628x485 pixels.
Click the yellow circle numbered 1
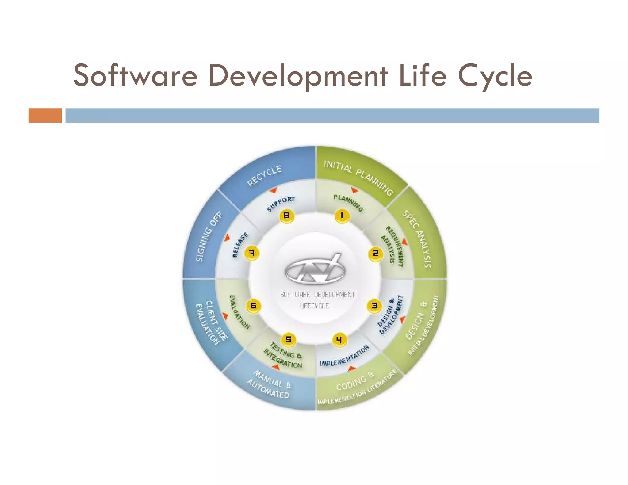pos(342,216)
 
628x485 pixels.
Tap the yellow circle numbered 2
pos(375,254)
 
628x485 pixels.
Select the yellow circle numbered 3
pos(374,306)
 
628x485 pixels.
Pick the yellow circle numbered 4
pos(339,340)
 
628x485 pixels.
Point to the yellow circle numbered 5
pos(288,339)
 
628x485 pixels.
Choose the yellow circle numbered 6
pos(253,306)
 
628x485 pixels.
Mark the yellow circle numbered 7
pos(252,253)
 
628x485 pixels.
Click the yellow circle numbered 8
pos(287,216)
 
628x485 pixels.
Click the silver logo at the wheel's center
pos(315,269)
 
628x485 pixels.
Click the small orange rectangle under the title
pos(45,116)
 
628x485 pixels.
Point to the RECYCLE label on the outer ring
pos(264,176)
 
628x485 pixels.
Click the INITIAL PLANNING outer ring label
pos(358,178)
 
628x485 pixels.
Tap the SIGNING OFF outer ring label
pos(209,236)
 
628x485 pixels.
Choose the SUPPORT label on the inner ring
pos(281,204)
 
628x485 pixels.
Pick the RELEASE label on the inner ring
pos(240,245)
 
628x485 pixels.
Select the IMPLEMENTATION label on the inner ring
pos(344,356)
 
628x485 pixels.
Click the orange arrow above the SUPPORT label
pos(273,190)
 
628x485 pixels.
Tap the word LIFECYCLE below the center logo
pos(314,306)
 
